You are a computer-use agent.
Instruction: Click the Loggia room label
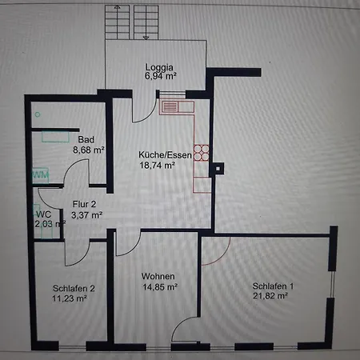tap(159, 68)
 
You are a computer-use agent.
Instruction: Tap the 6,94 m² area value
tap(161, 76)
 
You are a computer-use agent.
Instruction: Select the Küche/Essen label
tap(165, 155)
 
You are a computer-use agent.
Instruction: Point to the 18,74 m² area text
tap(158, 166)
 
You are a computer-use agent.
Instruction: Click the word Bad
tap(86, 139)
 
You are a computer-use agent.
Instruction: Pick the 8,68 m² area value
tap(89, 150)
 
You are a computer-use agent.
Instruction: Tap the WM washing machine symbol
tap(41, 175)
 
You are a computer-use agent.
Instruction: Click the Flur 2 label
tap(84, 204)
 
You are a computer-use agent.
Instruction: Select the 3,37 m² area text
tap(87, 215)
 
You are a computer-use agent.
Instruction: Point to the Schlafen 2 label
tap(74, 288)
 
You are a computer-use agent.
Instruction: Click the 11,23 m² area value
tap(70, 298)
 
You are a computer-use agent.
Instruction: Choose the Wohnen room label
tap(158, 276)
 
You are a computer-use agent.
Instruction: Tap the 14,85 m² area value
tap(160, 287)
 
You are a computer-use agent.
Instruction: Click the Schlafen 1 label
tap(273, 286)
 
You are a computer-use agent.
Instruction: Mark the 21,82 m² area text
tap(270, 296)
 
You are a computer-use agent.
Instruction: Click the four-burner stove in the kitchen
tap(202, 153)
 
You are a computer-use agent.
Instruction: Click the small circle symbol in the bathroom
tap(38, 114)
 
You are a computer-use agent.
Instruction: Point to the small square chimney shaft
tap(218, 169)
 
